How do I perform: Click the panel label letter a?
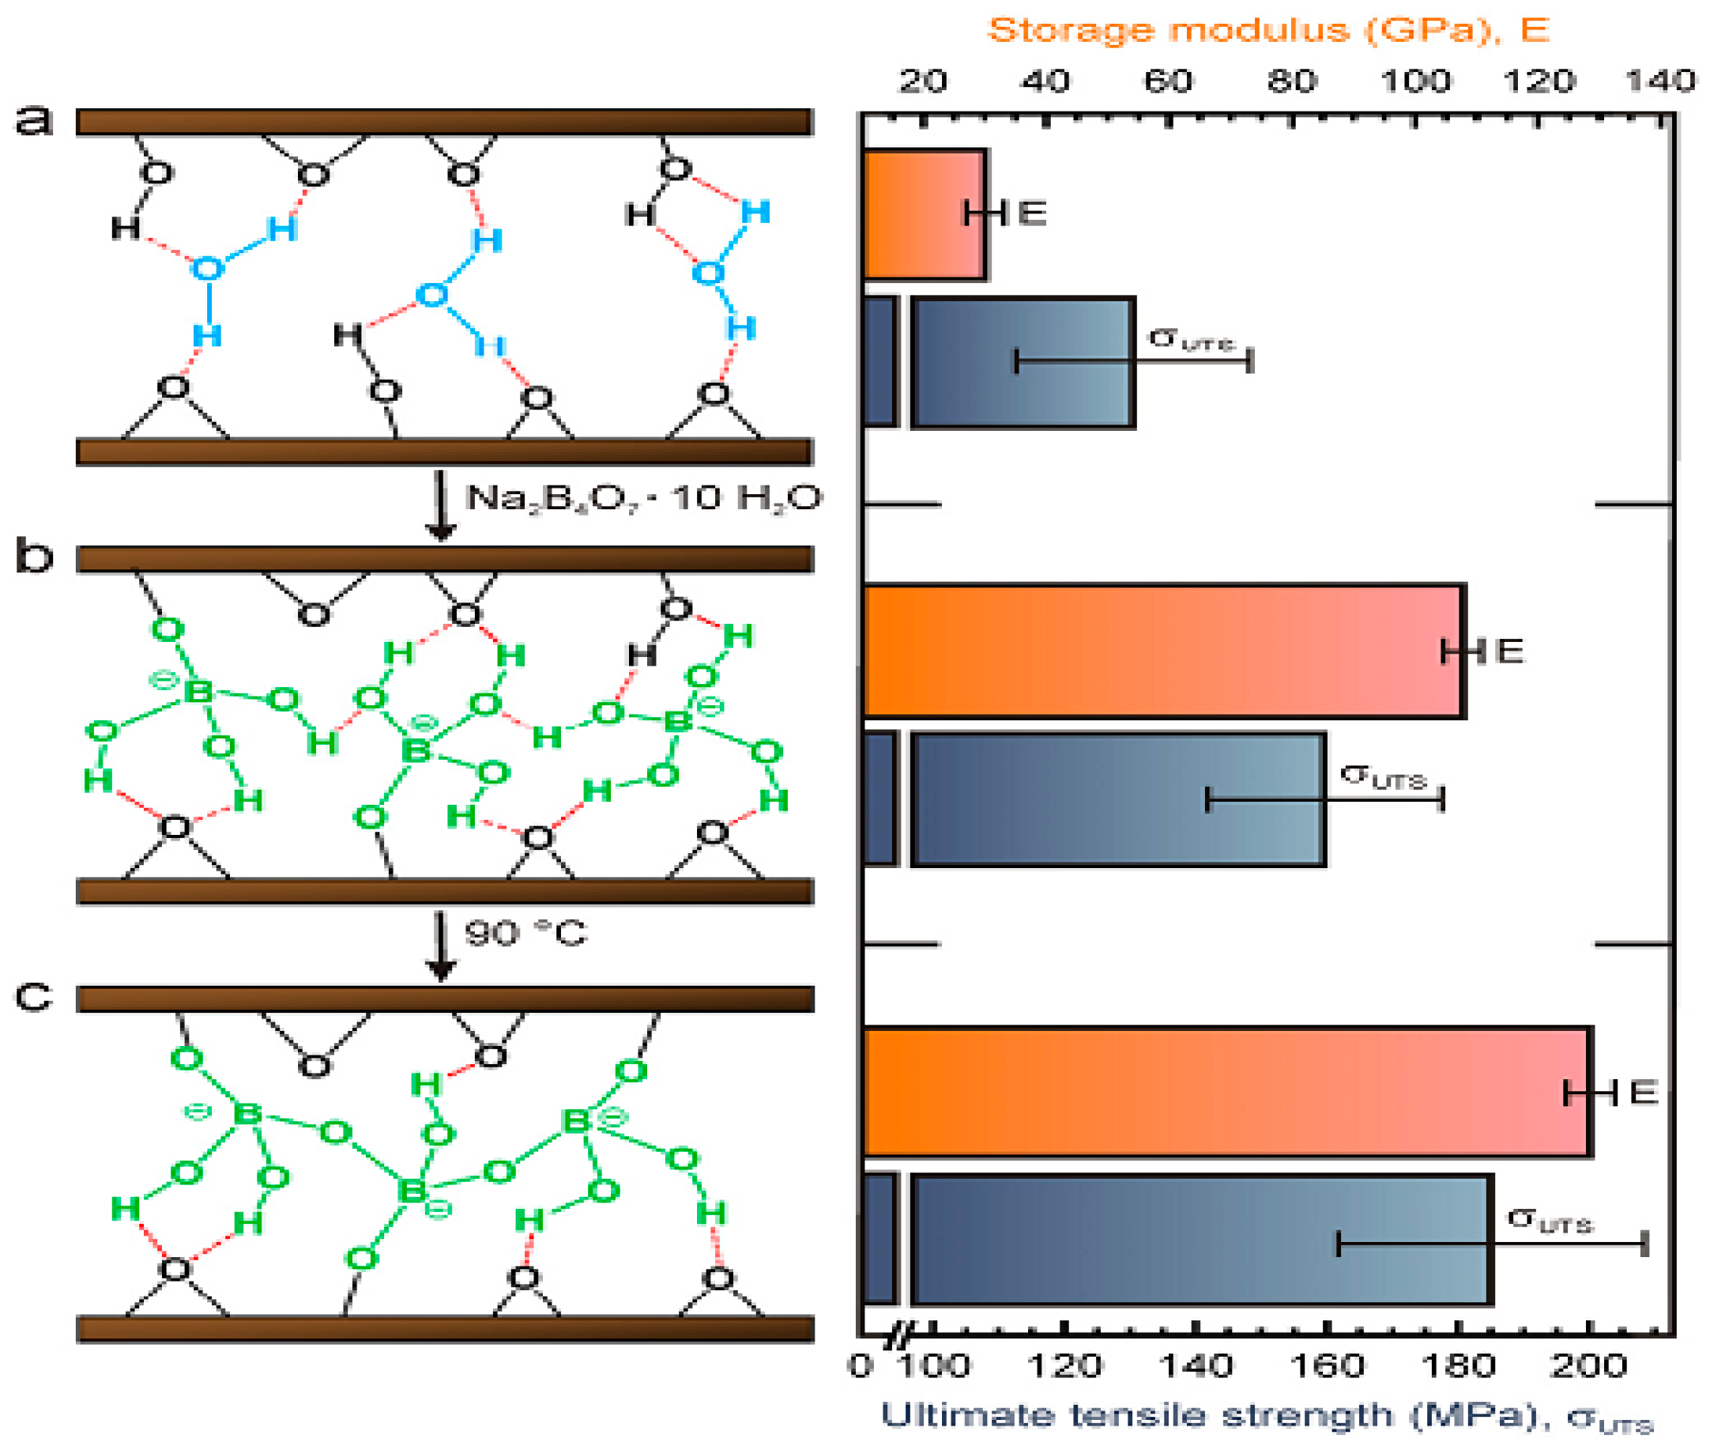(x=34, y=121)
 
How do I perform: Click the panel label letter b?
(x=34, y=557)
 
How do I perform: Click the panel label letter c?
(x=34, y=997)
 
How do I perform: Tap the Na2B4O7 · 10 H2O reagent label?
(x=643, y=498)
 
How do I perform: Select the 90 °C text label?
(x=526, y=934)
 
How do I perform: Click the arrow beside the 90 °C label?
(x=441, y=946)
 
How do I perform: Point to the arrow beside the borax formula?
(x=441, y=505)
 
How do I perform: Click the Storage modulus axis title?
(x=1268, y=30)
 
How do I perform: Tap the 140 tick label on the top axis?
(x=1660, y=81)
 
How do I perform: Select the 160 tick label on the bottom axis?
(x=1327, y=1365)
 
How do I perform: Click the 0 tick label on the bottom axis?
(x=861, y=1365)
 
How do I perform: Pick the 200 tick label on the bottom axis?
(x=1588, y=1365)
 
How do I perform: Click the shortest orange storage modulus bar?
(x=924, y=214)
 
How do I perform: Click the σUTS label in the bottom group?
(x=1550, y=1220)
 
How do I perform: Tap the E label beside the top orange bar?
(x=1032, y=213)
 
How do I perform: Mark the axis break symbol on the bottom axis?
(x=899, y=1339)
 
